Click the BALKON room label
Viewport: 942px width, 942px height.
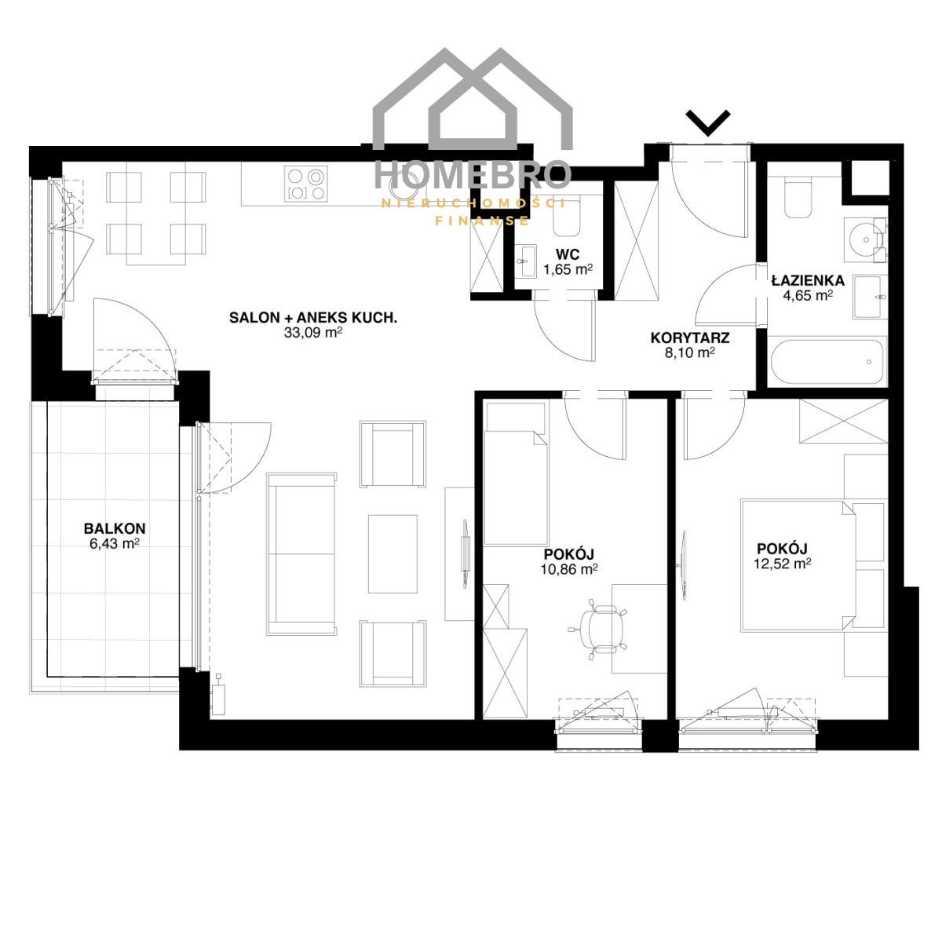(x=115, y=528)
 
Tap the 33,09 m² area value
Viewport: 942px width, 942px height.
(x=313, y=333)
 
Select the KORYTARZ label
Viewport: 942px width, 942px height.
(x=690, y=338)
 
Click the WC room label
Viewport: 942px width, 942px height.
(x=568, y=254)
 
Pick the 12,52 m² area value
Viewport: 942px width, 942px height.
(x=782, y=564)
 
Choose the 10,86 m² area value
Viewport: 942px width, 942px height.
(x=569, y=569)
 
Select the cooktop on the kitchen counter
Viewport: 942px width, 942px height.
(x=306, y=184)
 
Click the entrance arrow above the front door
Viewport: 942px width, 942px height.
(x=708, y=122)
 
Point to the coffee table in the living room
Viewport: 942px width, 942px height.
(x=392, y=554)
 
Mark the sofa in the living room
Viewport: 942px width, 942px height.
(x=301, y=554)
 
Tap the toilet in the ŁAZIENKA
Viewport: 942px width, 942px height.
(x=798, y=198)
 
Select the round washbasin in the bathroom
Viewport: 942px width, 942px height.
(x=865, y=239)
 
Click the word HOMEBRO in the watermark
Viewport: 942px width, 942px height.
(x=473, y=174)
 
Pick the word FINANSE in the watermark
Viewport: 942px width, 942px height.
(x=482, y=221)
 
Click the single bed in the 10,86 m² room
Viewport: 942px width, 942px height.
(x=517, y=473)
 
